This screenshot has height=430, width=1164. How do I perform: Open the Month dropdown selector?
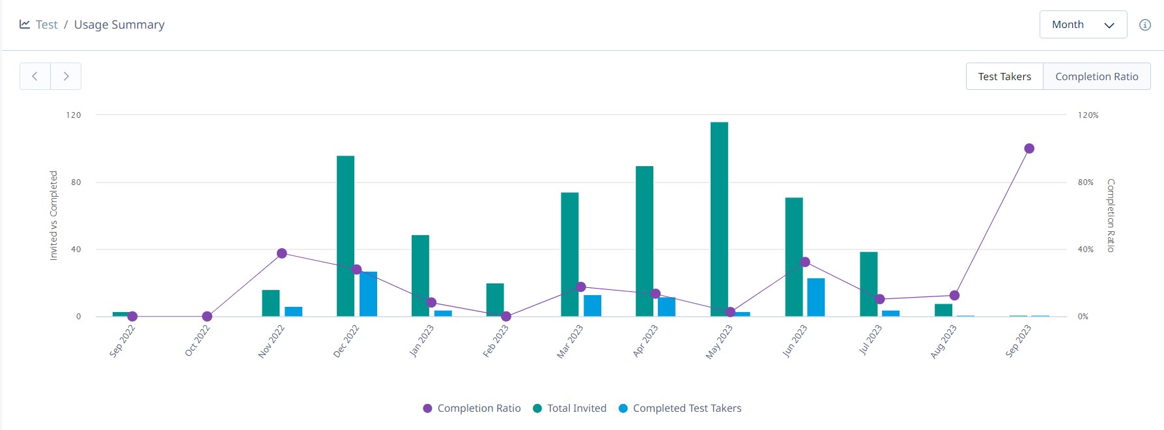1083,25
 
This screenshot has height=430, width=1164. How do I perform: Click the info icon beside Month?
1144,25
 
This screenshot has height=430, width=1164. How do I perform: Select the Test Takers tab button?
1004,76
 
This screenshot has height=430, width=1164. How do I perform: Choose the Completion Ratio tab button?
1096,76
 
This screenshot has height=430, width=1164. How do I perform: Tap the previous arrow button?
35,76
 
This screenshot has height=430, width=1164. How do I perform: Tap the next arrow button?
66,76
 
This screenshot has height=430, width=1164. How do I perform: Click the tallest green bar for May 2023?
719,219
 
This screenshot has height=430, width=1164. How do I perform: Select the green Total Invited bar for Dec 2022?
345,236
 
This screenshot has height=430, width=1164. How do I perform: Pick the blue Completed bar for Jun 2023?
816,297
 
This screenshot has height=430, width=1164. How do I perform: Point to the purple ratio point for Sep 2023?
1029,149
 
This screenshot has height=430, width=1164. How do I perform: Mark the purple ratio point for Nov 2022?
281,253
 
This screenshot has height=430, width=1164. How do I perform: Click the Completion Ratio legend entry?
472,408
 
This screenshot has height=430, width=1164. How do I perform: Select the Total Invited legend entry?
569,408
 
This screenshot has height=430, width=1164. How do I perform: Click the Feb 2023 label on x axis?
496,341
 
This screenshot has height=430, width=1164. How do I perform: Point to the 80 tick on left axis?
76,182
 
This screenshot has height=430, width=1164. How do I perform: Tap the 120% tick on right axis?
1088,115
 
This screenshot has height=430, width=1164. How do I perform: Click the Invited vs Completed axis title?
53,216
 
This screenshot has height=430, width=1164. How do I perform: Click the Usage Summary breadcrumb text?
119,25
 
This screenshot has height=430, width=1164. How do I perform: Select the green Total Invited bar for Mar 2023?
569,254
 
